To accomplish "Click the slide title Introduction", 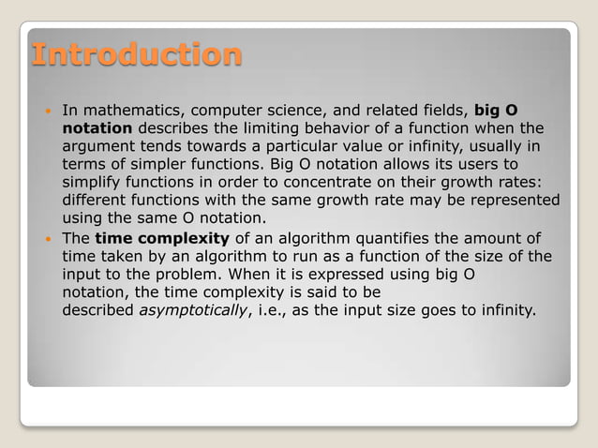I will [137, 53].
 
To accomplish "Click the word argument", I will [100, 147].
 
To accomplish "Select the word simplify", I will [94, 183].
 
